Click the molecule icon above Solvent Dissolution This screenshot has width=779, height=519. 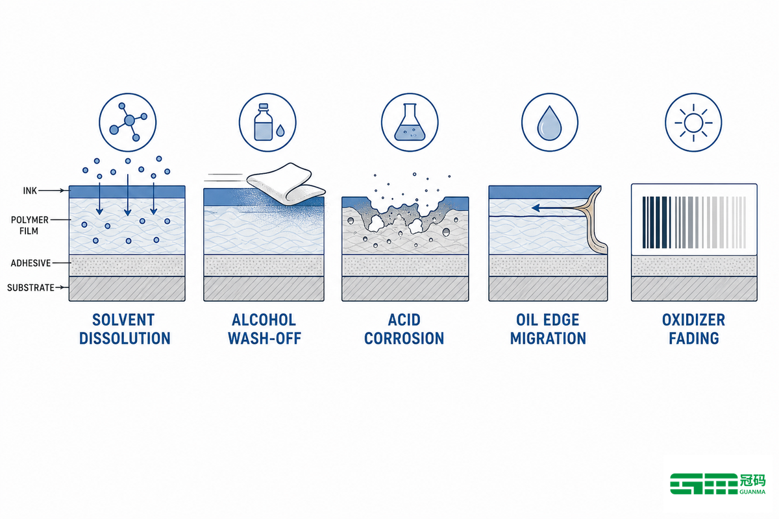(x=128, y=122)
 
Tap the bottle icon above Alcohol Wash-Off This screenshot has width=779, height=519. (x=267, y=122)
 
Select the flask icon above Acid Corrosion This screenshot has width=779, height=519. (x=410, y=122)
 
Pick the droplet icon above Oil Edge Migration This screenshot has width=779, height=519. (x=550, y=122)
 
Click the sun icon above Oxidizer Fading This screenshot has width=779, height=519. (x=693, y=122)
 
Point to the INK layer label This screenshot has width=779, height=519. (x=30, y=191)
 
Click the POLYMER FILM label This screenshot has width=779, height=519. (x=30, y=225)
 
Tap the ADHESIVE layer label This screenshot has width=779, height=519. (x=31, y=263)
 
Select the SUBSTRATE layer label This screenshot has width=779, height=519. (x=31, y=288)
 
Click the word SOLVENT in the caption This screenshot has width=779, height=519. (x=123, y=320)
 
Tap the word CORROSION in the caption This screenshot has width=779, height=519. (x=404, y=338)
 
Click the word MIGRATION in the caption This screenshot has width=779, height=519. (x=548, y=338)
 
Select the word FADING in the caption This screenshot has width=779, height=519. (x=694, y=338)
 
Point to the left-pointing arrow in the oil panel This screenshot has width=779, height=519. (x=556, y=208)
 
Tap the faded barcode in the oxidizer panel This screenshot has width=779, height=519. (x=694, y=223)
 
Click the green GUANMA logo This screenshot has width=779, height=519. (x=717, y=484)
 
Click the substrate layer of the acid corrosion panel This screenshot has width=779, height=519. (x=405, y=289)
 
